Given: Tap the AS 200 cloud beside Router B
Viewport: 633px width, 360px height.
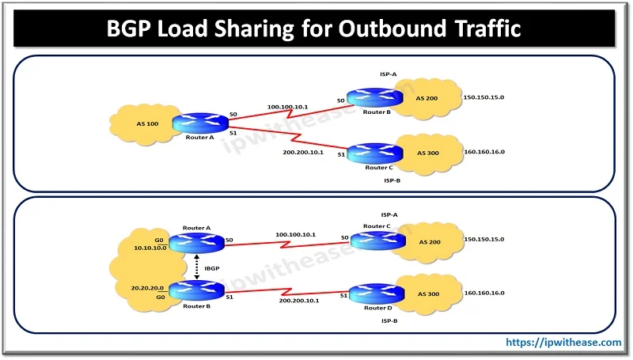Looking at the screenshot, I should [427, 100].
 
